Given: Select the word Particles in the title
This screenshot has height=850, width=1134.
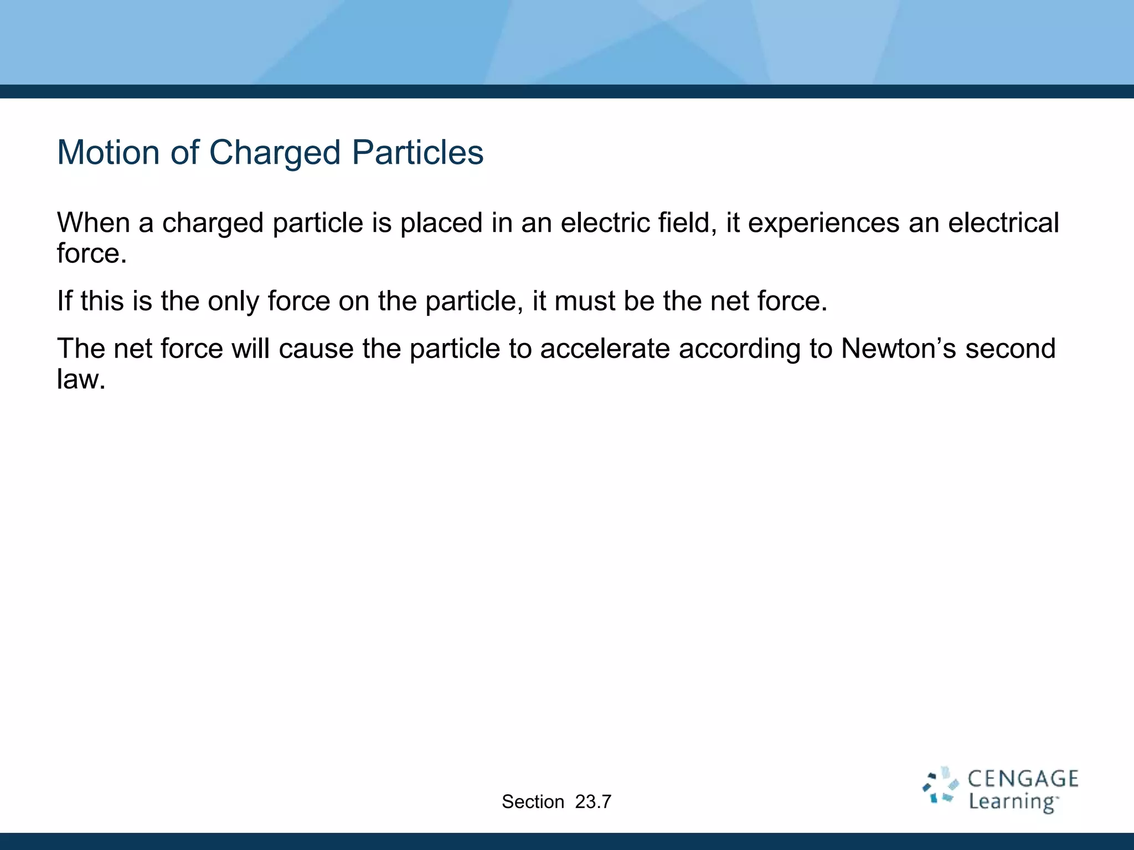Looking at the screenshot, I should pyautogui.click(x=417, y=152).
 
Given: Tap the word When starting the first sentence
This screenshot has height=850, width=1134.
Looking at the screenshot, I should pyautogui.click(x=93, y=223).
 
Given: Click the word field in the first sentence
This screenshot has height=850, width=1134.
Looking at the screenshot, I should pyautogui.click(x=684, y=223).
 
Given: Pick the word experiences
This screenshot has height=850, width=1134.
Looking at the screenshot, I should pyautogui.click(x=823, y=224).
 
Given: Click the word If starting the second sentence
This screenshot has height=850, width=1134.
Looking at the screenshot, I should pyautogui.click(x=64, y=301).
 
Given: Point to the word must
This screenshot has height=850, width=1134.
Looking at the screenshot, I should pyautogui.click(x=584, y=301).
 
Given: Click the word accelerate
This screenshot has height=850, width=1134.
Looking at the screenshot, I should pyautogui.click(x=605, y=349).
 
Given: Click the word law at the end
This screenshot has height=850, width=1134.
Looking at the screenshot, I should pyautogui.click(x=80, y=380).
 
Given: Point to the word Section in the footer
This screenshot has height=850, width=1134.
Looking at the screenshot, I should pyautogui.click(x=533, y=802).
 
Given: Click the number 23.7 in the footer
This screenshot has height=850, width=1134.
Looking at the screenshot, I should pyautogui.click(x=593, y=802).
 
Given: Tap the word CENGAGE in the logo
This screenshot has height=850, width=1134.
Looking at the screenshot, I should pyautogui.click(x=1023, y=779).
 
